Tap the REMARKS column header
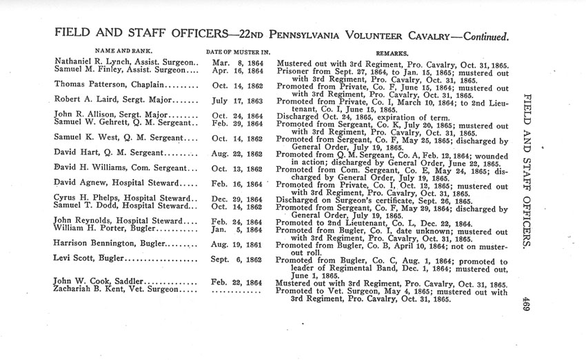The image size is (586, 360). point(392,52)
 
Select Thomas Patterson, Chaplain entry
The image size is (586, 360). point(114,84)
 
